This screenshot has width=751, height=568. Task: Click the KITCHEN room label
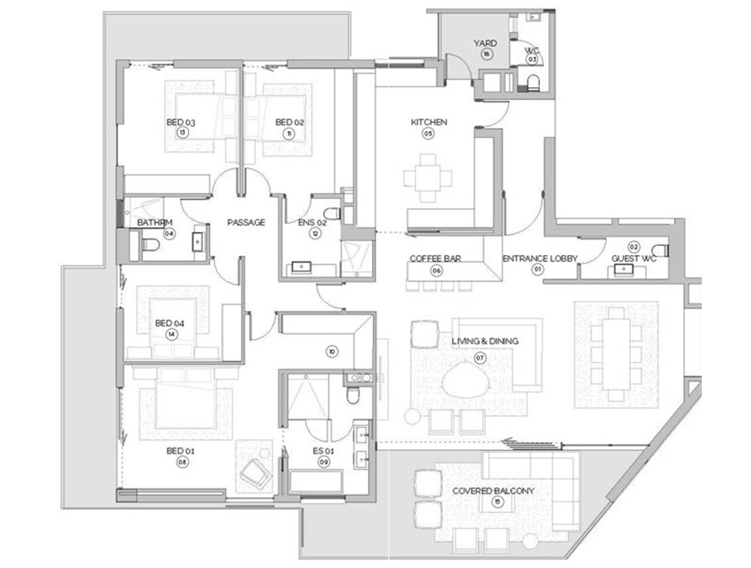click(x=428, y=122)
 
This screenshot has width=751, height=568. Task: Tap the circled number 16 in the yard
click(x=486, y=53)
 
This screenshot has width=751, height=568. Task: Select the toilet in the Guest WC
click(x=662, y=250)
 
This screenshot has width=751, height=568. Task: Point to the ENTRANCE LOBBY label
click(x=535, y=258)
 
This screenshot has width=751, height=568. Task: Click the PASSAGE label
click(x=247, y=222)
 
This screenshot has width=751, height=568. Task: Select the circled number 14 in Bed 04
click(x=172, y=334)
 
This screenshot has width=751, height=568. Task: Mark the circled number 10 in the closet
click(x=331, y=350)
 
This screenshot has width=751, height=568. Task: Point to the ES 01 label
click(x=324, y=451)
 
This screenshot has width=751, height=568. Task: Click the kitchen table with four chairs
click(x=428, y=178)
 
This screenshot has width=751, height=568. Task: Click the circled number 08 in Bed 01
click(x=181, y=462)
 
